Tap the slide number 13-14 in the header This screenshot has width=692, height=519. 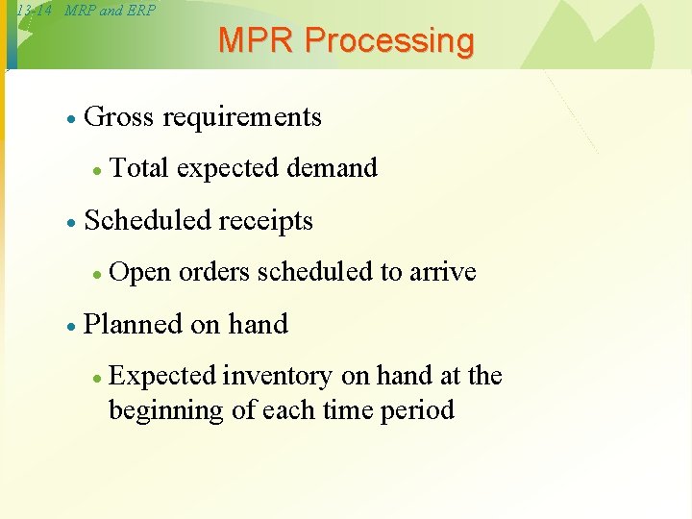[35, 11]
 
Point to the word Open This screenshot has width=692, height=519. [141, 273]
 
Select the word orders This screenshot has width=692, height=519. [216, 272]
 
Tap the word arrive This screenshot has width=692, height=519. [443, 272]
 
